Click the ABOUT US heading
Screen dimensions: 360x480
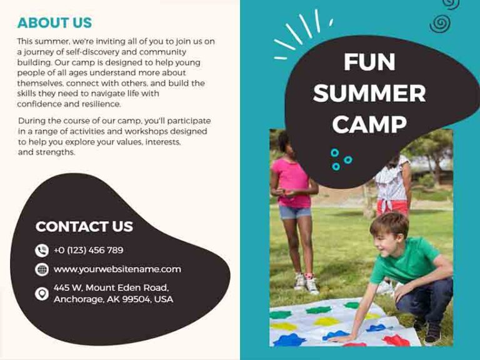pos(54,23)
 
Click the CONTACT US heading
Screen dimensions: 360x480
pos(84,226)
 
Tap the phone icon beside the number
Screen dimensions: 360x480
pos(42,251)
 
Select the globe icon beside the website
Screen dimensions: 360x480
pos(42,270)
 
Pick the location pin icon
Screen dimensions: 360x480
pos(42,293)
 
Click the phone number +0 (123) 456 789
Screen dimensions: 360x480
pos(88,251)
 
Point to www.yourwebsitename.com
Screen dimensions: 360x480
pos(117,269)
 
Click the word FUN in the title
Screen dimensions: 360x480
pos(369,62)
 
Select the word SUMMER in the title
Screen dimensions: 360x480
pos(369,94)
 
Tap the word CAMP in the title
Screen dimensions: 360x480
pos(369,125)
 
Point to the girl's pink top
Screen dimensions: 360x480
pos(291,181)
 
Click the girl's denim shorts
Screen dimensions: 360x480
pos(295,212)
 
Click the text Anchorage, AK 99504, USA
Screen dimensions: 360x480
pos(113,299)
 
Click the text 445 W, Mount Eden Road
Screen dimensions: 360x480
pos(111,288)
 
